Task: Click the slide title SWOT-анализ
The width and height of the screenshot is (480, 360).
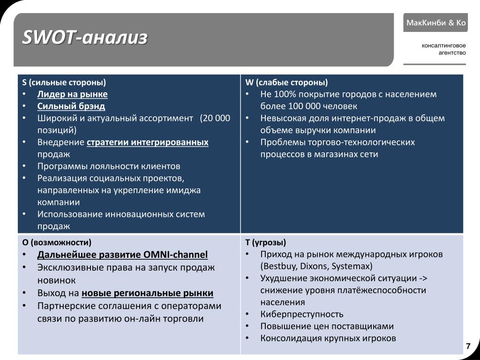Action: click(85, 38)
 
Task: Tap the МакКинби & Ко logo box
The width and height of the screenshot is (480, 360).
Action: click(435, 22)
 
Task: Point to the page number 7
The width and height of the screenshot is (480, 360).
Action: click(467, 346)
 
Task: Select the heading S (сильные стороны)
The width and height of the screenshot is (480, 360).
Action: click(64, 82)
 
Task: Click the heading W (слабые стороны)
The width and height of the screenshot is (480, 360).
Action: click(286, 82)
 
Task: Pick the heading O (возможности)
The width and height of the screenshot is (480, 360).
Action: click(57, 242)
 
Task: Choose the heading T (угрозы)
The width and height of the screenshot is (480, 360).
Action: click(265, 242)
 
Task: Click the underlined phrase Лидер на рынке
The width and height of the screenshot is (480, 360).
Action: click(73, 94)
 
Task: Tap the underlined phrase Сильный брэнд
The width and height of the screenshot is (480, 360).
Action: click(71, 106)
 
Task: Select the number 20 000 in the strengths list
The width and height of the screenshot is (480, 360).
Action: click(216, 118)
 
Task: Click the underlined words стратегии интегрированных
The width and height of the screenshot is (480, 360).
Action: click(148, 142)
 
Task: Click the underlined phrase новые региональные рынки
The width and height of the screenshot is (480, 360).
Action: click(147, 293)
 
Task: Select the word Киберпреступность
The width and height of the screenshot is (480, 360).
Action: click(302, 314)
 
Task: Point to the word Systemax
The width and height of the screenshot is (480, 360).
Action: click(352, 266)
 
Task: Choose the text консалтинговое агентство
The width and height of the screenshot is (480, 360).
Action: click(443, 49)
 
